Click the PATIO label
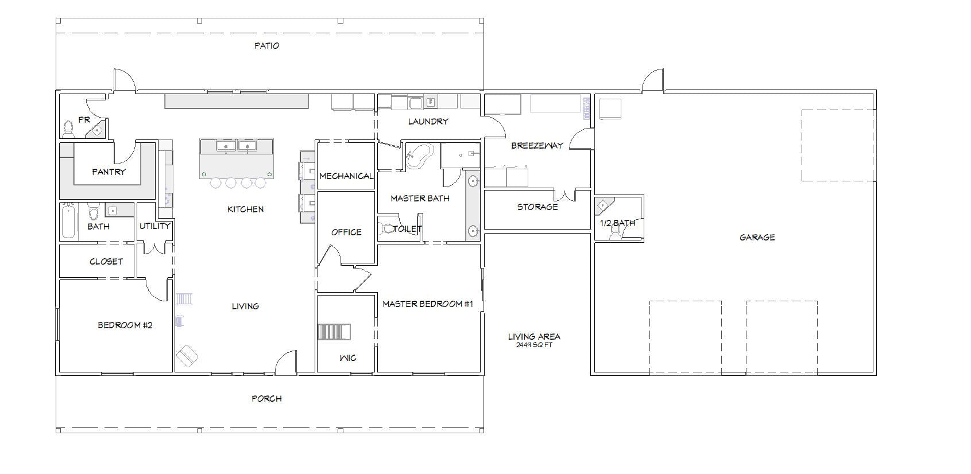(266, 45)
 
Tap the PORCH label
(266, 399)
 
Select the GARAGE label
(757, 238)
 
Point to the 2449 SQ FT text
(534, 345)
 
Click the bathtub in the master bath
(419, 156)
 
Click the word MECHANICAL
(346, 176)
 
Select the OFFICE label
(346, 232)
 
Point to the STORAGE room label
(537, 207)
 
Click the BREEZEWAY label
(537, 146)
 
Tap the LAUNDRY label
(428, 121)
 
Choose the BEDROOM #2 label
(125, 325)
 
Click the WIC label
(347, 358)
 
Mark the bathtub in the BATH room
(68, 221)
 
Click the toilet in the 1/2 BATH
(615, 231)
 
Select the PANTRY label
(109, 172)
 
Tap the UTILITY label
(155, 226)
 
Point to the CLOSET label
(106, 262)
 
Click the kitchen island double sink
(237, 146)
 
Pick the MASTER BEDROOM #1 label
(427, 304)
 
